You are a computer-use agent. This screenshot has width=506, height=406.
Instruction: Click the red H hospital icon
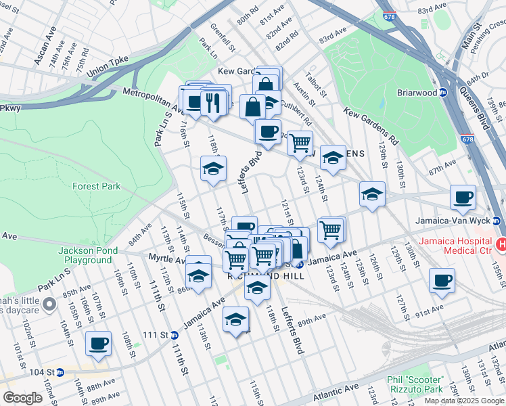pyautogui.click(x=501, y=244)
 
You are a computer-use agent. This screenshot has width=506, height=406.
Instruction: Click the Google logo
pyautogui.click(x=23, y=397)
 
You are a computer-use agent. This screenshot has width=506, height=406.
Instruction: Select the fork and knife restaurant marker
pyautogui.click(x=214, y=103)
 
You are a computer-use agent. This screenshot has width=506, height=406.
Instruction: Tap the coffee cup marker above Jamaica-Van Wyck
pyautogui.click(x=463, y=197)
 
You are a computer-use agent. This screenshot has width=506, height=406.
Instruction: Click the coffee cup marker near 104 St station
pyautogui.click(x=98, y=342)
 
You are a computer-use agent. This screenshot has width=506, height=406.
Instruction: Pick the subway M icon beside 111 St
pyautogui.click(x=175, y=335)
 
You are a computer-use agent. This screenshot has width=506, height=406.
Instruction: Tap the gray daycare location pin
pyautogui.click(x=48, y=306)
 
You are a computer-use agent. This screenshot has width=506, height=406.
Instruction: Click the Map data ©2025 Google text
pyautogui.click(x=464, y=400)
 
